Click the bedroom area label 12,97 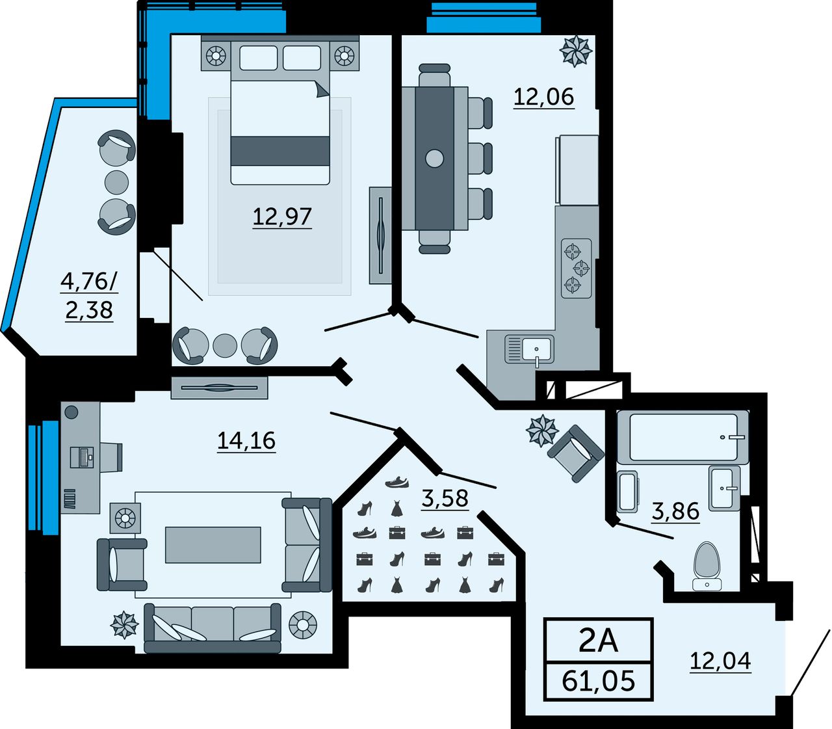[x=282, y=216]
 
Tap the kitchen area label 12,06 [x=544, y=97]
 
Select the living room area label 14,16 [x=246, y=440]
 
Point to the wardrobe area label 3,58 [x=445, y=498]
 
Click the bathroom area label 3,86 [x=675, y=511]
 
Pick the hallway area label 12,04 [x=721, y=661]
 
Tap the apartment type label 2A [x=598, y=642]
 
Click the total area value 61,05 [x=598, y=681]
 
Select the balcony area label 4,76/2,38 [x=90, y=296]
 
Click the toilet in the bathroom [x=707, y=566]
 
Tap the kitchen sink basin [x=537, y=349]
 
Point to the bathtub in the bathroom [x=682, y=437]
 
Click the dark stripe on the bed [x=280, y=151]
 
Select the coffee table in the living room [x=213, y=545]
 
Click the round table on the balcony [x=117, y=182]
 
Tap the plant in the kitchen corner [x=575, y=51]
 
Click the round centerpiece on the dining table [x=435, y=158]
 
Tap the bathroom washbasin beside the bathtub [x=725, y=488]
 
